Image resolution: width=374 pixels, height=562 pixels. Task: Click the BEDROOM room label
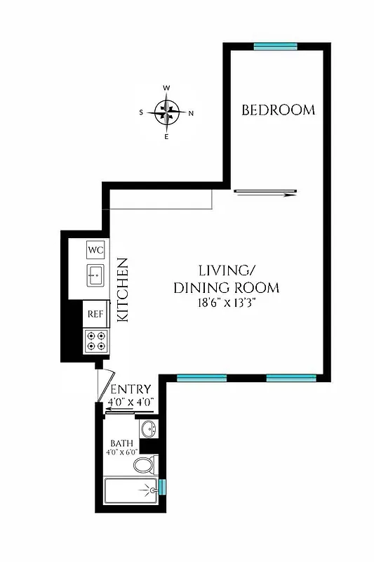click(278, 110)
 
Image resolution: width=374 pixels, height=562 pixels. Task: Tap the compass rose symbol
click(166, 112)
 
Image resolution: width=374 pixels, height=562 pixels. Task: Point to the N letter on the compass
click(191, 112)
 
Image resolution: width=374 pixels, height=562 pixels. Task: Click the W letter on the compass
click(166, 89)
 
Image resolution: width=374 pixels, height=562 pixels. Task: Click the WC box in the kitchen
click(95, 249)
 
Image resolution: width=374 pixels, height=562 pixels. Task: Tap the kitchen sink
click(95, 276)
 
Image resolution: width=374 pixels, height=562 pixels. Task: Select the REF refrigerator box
click(95, 315)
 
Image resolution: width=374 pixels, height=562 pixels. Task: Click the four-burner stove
click(95, 341)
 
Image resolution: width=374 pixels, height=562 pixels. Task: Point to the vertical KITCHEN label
click(121, 290)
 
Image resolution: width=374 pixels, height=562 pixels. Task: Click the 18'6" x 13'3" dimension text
click(228, 303)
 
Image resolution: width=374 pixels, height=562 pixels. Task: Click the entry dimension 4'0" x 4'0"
click(130, 402)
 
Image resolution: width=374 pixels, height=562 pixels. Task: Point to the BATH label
click(121, 443)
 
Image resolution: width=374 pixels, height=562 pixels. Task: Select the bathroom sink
click(148, 428)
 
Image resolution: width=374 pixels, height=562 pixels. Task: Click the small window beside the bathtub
click(162, 486)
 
